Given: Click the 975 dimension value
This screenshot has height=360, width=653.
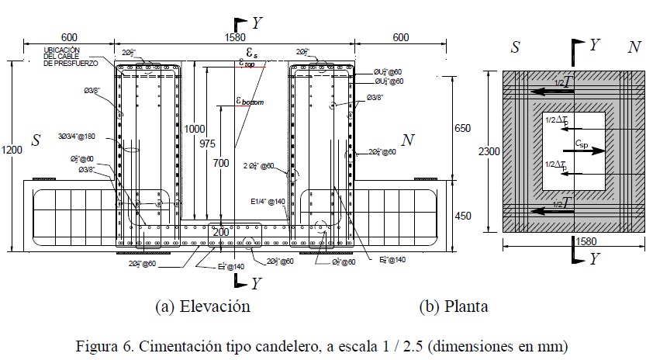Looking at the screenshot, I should click(207, 142).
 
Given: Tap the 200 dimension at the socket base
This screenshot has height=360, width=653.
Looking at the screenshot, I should click(221, 232).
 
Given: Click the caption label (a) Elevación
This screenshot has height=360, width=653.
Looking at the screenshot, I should click(203, 306).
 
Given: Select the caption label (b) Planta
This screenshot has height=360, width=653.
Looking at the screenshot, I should click(454, 306).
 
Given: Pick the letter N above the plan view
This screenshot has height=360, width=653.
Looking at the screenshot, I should click(634, 47).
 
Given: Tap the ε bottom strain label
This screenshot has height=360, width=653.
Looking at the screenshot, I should click(250, 100).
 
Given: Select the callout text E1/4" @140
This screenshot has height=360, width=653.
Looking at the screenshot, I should click(268, 201).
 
